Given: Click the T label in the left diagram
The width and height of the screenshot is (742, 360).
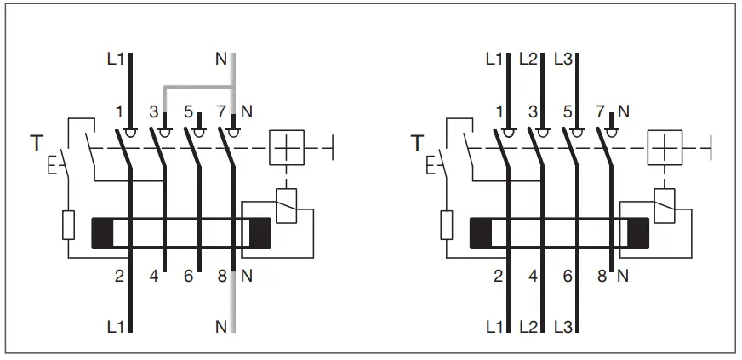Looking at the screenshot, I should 37,144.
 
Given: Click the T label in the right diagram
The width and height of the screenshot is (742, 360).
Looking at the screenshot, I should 416,144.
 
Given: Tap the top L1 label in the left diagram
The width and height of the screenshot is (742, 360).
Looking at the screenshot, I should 116,60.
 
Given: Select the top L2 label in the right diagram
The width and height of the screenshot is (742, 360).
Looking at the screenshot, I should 528,60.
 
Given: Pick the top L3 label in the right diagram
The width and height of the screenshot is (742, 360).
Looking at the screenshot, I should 563,60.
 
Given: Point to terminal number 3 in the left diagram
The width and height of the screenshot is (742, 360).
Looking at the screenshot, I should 154,111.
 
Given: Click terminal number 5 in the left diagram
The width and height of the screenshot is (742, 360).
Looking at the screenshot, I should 189,111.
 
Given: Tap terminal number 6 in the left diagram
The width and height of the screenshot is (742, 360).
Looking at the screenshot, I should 189,276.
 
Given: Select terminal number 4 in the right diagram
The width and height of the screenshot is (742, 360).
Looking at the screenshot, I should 533,276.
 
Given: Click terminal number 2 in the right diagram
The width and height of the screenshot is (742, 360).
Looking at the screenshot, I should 498,276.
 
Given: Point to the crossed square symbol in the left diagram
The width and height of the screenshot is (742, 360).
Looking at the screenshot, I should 286,148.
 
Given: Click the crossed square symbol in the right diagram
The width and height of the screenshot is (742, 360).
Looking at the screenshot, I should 665,148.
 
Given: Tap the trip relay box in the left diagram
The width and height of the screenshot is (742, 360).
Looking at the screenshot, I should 288,207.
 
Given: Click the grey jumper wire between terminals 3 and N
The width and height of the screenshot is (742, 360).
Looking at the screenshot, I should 197,86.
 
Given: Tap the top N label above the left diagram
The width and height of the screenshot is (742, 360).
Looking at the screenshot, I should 223,60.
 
